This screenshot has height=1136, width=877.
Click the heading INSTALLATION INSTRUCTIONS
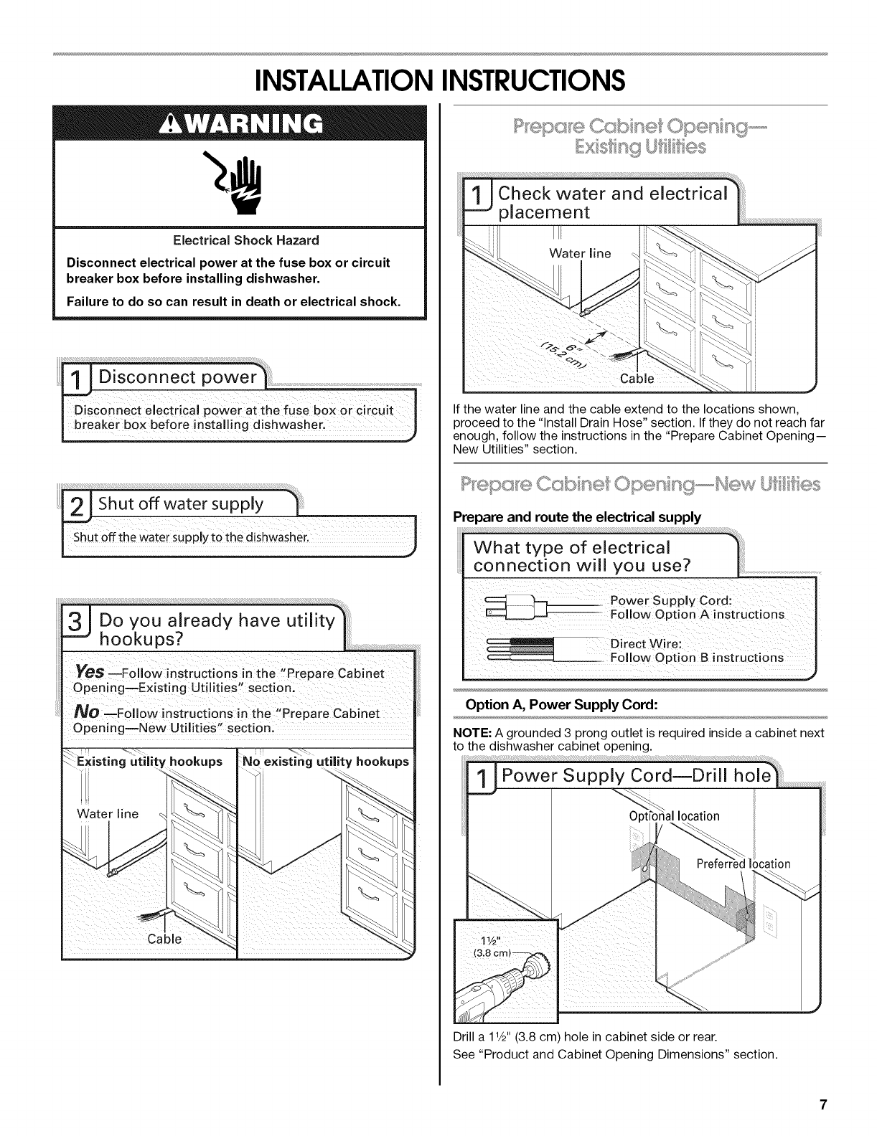(x=438, y=79)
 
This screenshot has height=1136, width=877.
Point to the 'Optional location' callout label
(x=673, y=816)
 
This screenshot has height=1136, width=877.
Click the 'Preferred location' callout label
(x=743, y=863)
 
